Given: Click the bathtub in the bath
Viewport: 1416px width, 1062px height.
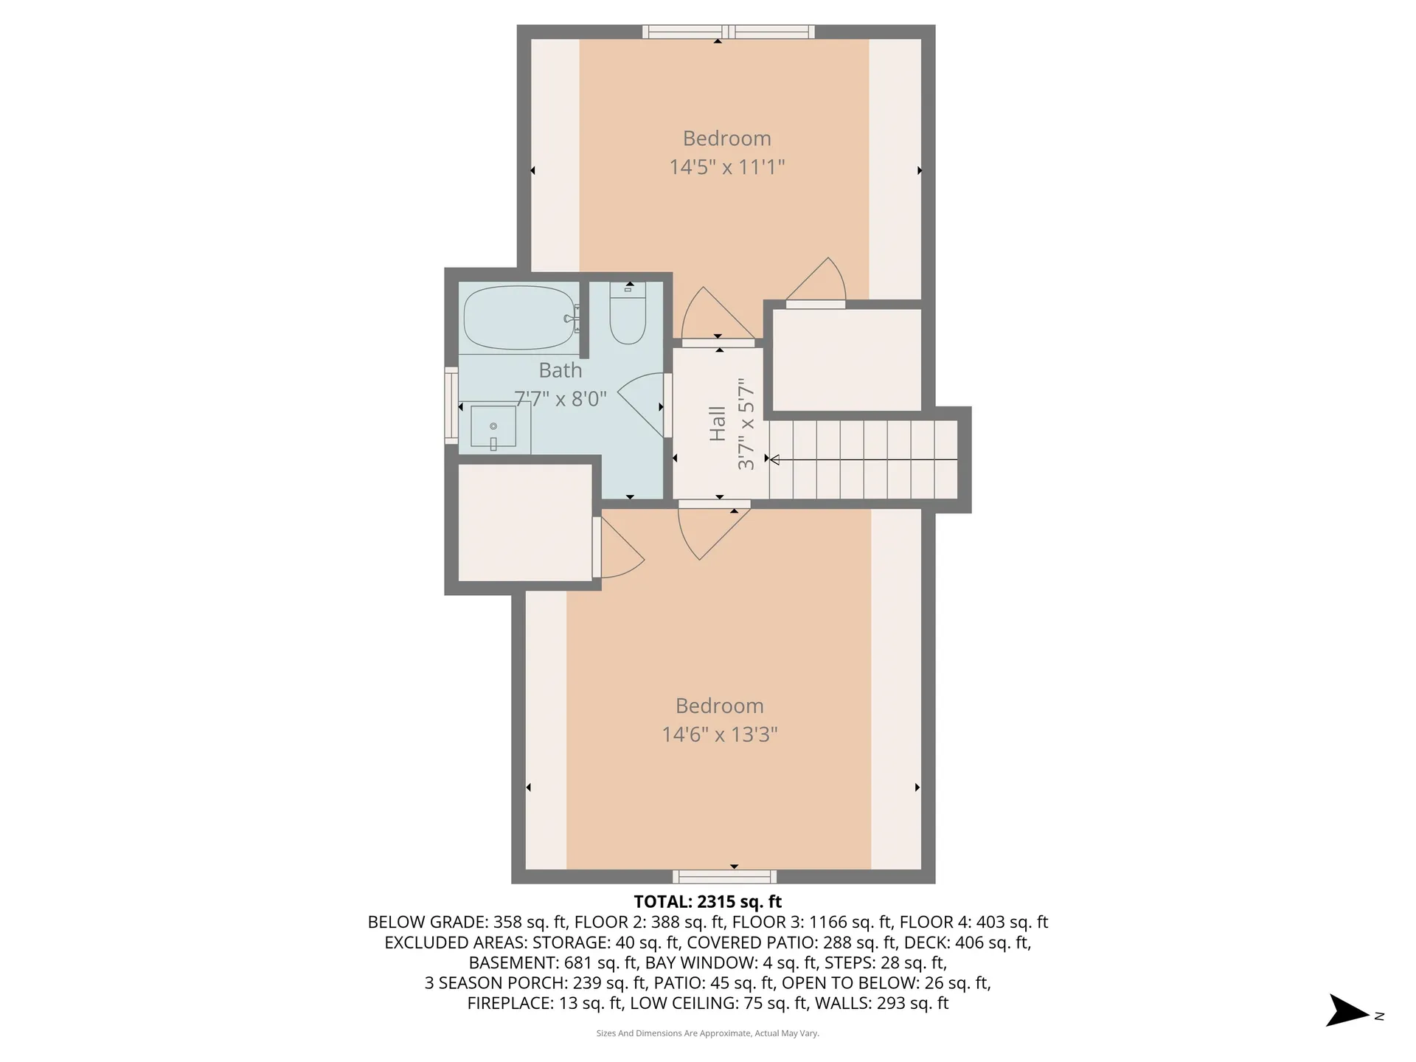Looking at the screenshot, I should tap(518, 318).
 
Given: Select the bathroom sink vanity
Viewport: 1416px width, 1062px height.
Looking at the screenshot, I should tap(494, 428).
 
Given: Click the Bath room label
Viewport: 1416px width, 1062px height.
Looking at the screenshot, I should tap(560, 370).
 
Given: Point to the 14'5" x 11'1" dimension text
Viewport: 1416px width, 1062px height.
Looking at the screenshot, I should tap(726, 167).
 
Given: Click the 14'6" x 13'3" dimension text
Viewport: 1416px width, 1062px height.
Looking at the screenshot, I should tap(719, 735).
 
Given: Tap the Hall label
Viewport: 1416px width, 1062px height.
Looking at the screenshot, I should tap(718, 424).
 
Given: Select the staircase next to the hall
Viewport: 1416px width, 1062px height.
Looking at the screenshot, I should tap(863, 459).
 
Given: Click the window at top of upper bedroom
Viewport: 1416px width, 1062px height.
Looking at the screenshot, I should tap(728, 32).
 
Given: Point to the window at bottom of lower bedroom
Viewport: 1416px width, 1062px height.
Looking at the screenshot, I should tap(723, 876).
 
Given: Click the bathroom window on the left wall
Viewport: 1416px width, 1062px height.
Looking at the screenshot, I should tap(451, 405).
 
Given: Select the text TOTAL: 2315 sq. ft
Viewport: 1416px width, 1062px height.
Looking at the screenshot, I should tap(707, 901).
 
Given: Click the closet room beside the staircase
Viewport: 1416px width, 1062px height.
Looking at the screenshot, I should tap(847, 359).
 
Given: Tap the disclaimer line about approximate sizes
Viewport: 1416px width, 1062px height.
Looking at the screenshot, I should tap(707, 1033).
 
